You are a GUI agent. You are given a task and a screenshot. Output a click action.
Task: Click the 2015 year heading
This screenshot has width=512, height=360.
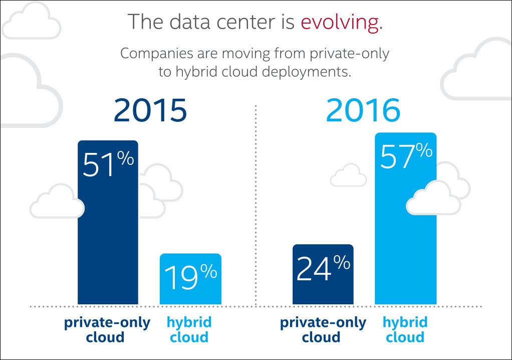tap(150, 111)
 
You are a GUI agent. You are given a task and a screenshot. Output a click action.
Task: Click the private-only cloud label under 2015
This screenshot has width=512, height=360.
tap(107, 329)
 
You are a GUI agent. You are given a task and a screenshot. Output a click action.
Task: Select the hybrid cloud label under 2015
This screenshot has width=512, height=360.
tap(189, 329)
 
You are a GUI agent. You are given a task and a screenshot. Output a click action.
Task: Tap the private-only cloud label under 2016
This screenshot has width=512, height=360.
tap(323, 329)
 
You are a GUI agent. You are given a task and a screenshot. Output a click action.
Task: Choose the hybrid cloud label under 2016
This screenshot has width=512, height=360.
tap(405, 329)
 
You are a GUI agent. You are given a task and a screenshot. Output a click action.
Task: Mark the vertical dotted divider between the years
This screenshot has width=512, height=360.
tap(256, 201)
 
